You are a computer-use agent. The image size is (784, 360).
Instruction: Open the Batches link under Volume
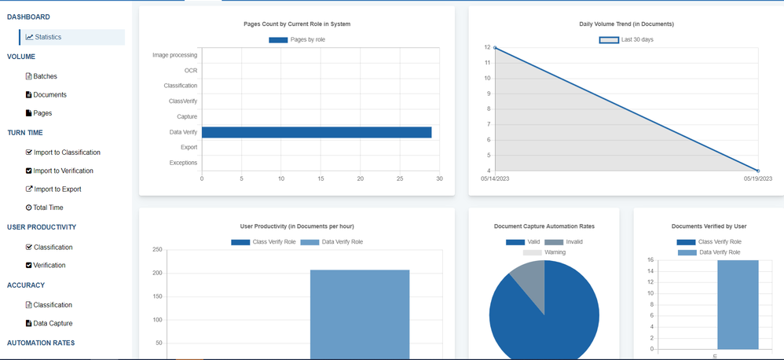[45, 76]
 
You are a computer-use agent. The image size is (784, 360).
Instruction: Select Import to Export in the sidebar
[57, 189]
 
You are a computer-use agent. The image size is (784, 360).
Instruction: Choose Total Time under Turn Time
[48, 208]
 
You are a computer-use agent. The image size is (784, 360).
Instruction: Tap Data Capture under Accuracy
[53, 323]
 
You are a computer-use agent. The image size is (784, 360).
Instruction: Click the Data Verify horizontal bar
[317, 132]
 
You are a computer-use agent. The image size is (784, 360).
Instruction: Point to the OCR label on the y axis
[191, 71]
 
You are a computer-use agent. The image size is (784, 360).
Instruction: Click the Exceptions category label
[183, 163]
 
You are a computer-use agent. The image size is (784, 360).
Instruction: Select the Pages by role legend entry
[298, 39]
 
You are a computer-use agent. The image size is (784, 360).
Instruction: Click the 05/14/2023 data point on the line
[495, 48]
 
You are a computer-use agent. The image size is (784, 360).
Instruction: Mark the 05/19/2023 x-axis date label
[758, 178]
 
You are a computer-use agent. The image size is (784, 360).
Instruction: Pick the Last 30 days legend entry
[627, 39]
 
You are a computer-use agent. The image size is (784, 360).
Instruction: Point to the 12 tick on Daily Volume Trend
[487, 48]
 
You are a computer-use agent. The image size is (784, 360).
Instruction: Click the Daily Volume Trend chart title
[626, 24]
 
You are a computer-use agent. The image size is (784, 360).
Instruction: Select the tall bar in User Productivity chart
[359, 314]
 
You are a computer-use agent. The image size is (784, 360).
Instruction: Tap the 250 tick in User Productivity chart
[157, 250]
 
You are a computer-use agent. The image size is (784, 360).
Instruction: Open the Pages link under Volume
[42, 113]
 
